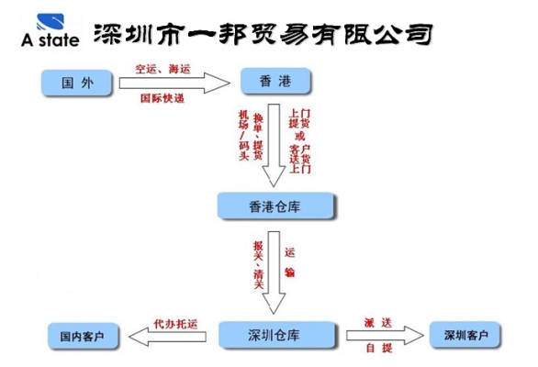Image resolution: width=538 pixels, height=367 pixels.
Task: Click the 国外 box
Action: click(75, 83)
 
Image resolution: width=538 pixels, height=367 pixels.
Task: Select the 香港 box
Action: click(274, 83)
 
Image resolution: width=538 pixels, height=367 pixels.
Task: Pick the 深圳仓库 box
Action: click(273, 335)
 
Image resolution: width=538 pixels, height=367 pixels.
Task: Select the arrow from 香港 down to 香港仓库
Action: click(273, 147)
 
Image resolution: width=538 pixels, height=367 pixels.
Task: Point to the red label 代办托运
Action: click(174, 322)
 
